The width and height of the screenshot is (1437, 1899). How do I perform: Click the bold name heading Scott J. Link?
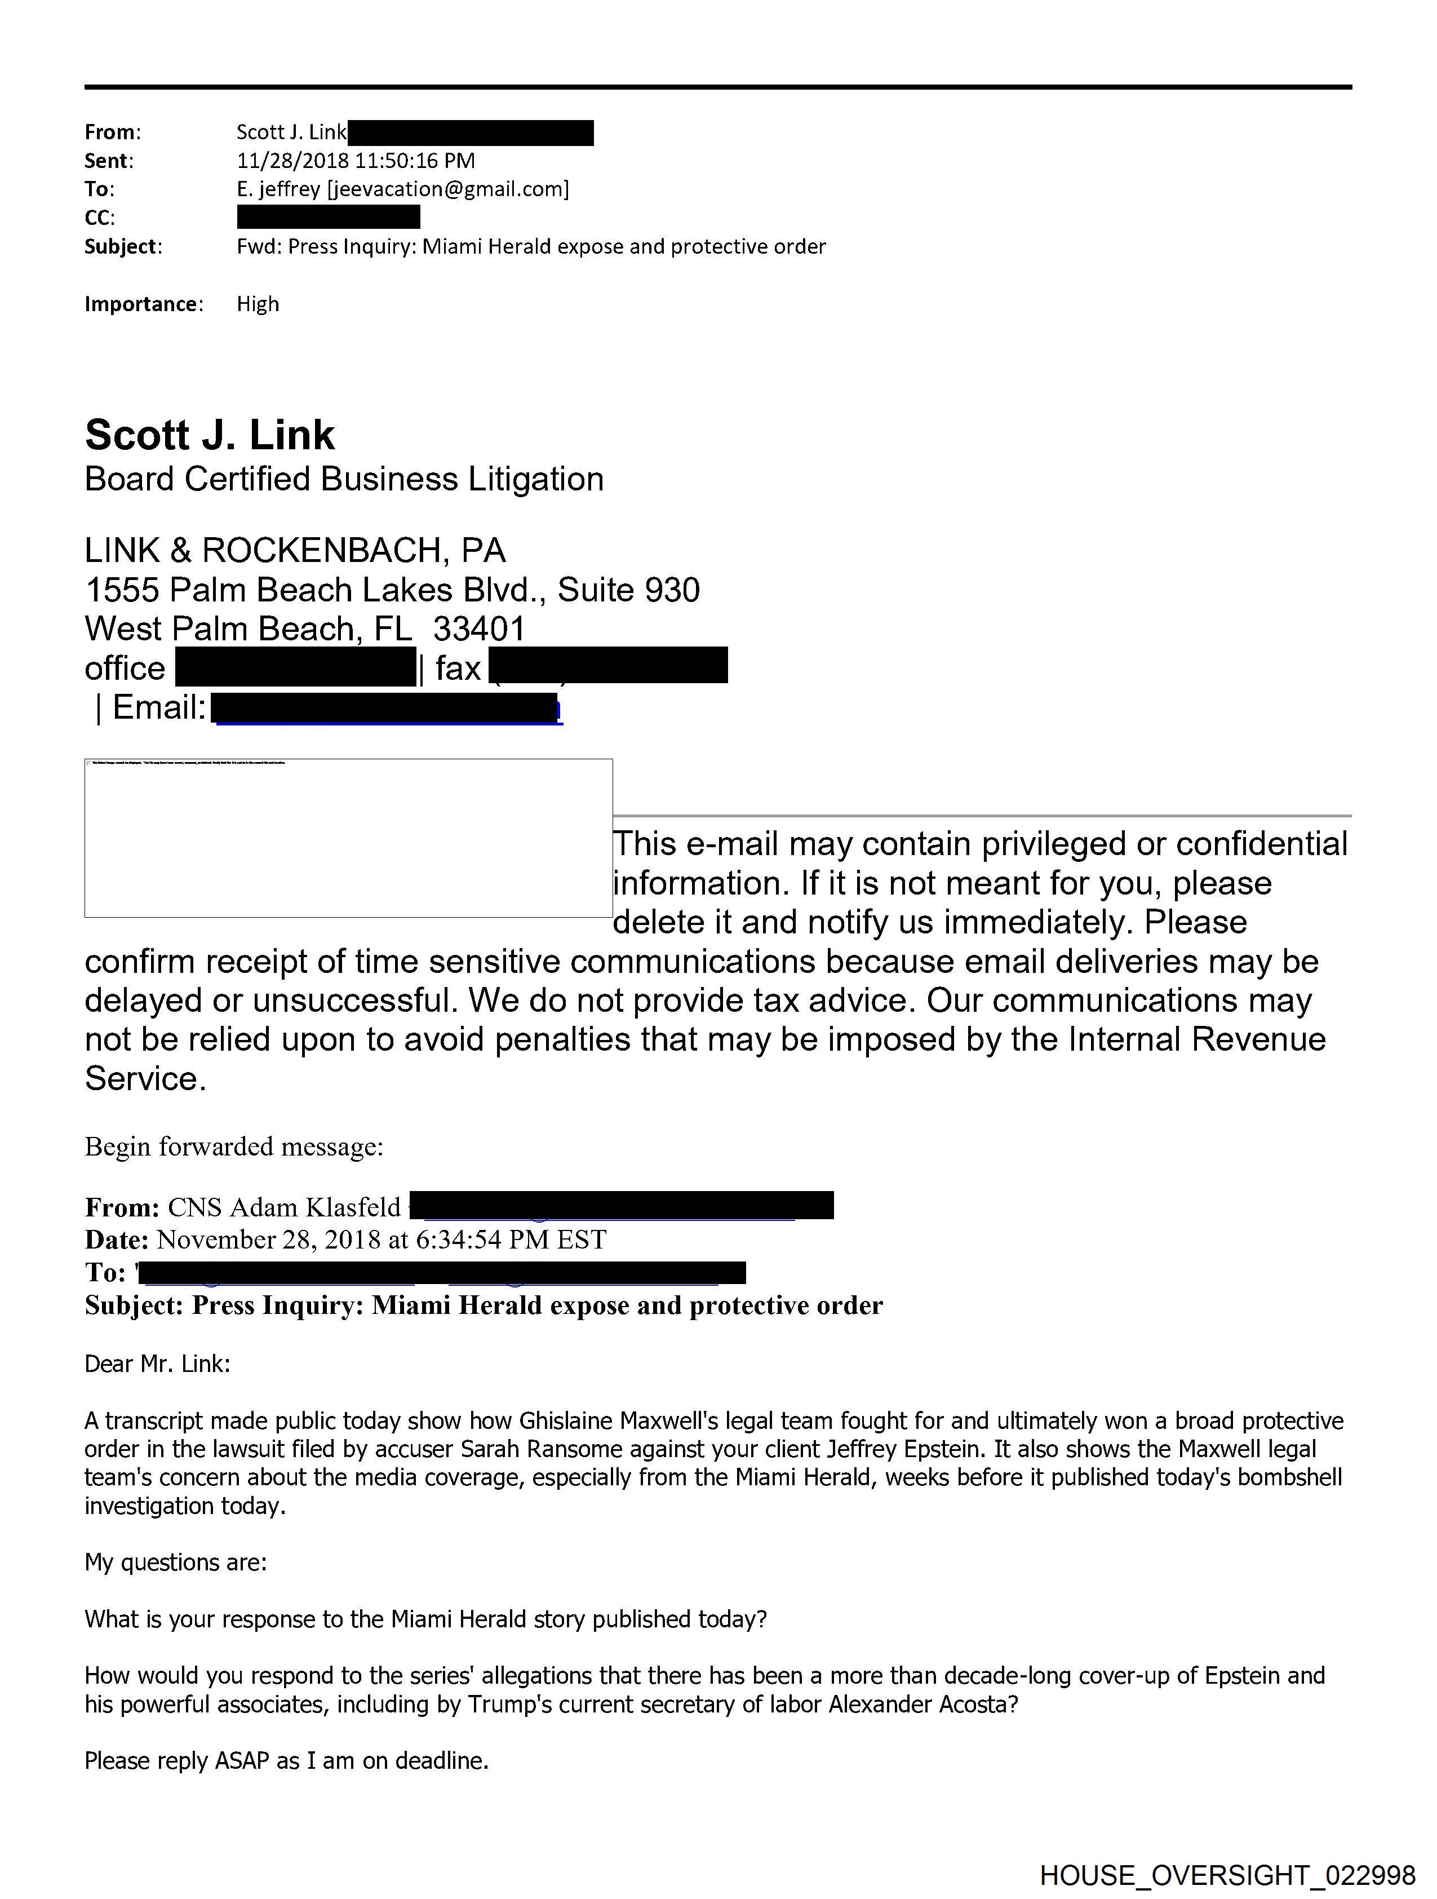pos(210,435)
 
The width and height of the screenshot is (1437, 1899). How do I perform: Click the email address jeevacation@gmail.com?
pos(446,189)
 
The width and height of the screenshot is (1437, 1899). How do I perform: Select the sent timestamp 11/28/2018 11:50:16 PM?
pos(356,161)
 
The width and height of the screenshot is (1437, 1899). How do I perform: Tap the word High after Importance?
pos(258,304)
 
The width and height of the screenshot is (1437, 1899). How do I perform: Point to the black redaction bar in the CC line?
pos(328,217)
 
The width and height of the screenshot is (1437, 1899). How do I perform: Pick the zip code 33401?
pos(479,629)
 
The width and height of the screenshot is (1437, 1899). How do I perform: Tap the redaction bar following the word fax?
pos(607,666)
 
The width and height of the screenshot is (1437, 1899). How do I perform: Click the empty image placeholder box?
pos(348,838)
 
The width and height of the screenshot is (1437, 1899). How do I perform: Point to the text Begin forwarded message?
pos(233,1147)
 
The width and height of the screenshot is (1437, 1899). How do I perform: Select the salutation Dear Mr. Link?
pos(157,1364)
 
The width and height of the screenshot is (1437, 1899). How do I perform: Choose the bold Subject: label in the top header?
pos(123,246)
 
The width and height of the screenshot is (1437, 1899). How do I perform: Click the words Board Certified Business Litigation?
pos(343,479)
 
